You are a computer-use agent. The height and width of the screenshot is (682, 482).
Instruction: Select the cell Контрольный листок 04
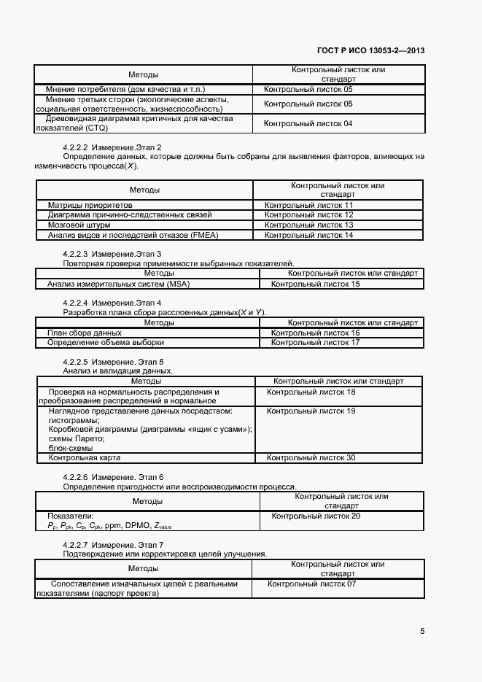point(308,124)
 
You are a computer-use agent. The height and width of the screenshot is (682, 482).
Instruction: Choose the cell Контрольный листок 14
point(308,236)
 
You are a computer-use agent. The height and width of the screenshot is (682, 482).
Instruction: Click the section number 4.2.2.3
point(76,254)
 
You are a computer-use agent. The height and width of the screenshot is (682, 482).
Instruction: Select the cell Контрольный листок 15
point(315,284)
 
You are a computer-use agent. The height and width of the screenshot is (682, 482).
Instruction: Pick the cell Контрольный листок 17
point(315,342)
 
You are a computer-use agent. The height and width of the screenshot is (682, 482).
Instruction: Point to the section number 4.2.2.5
point(76,362)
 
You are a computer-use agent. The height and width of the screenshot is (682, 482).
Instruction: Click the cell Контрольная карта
point(84,457)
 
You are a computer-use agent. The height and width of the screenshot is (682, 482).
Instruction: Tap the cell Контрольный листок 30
point(311,457)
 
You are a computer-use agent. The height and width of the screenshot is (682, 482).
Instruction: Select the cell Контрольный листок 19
point(311,411)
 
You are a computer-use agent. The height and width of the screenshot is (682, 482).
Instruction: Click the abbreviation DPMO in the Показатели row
point(137,525)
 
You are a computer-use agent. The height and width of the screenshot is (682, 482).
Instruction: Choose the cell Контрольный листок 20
point(315,516)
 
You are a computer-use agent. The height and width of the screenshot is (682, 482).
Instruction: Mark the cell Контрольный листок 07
point(311,584)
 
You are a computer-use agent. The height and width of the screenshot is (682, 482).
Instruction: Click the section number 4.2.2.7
point(76,545)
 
